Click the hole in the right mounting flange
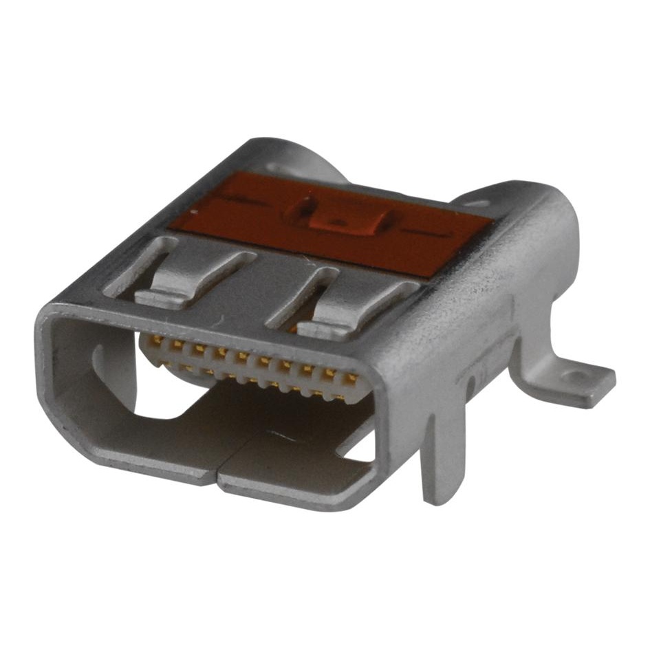(576, 376)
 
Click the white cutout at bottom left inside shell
(155, 406)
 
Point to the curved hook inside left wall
(100, 365)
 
